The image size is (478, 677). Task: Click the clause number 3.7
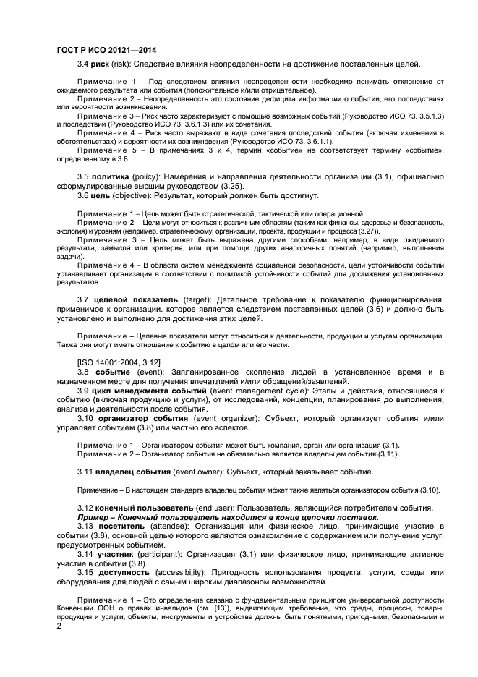pyautogui.click(x=83, y=299)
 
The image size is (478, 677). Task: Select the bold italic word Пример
pyautogui.click(x=96, y=517)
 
